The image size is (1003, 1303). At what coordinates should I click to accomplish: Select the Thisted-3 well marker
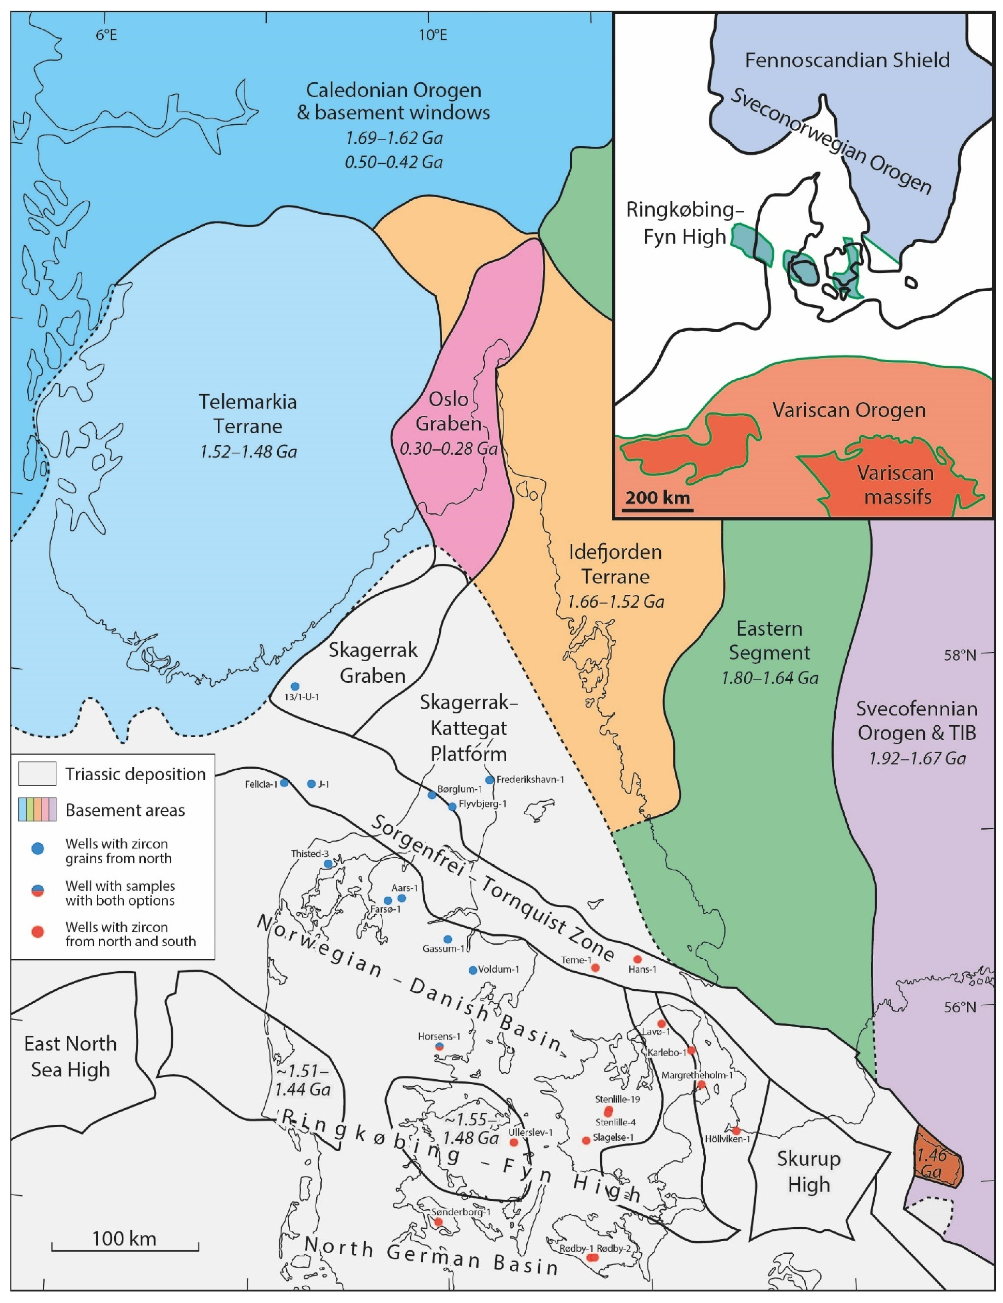[x=328, y=863]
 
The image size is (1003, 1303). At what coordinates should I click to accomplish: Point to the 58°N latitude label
[x=959, y=655]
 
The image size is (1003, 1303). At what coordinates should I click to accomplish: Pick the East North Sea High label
[x=70, y=1056]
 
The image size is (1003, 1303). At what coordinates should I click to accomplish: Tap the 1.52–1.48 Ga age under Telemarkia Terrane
[x=248, y=451]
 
